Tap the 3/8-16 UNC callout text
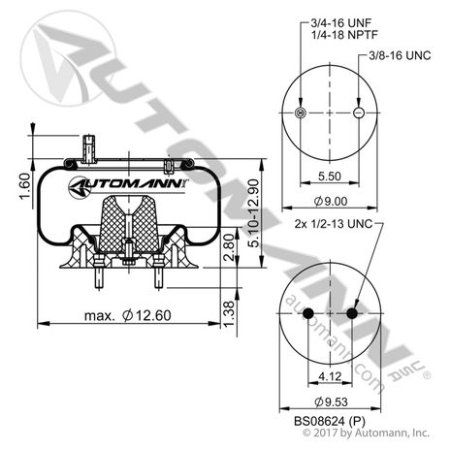click(x=402, y=57)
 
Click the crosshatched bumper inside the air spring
click(x=126, y=223)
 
